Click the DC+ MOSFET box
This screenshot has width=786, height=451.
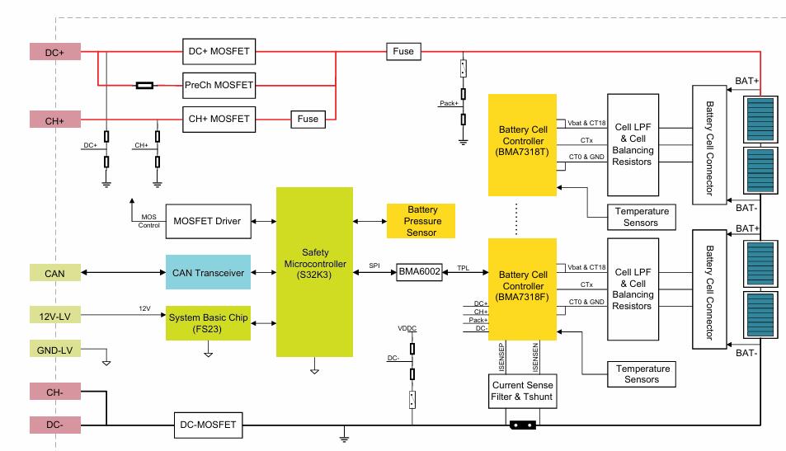(219, 52)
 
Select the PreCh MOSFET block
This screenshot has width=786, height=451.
(219, 84)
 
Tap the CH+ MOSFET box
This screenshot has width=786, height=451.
(219, 119)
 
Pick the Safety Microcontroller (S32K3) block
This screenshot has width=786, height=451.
(314, 271)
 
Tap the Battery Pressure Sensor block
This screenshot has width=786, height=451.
(421, 221)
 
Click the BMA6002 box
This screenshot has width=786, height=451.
(419, 271)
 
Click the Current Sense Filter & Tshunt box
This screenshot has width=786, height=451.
(523, 391)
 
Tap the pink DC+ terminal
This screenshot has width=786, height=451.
(55, 52)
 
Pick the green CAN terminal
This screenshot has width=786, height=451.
(55, 271)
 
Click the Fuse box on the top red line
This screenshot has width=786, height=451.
(403, 52)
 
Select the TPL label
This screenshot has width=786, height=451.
(463, 266)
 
